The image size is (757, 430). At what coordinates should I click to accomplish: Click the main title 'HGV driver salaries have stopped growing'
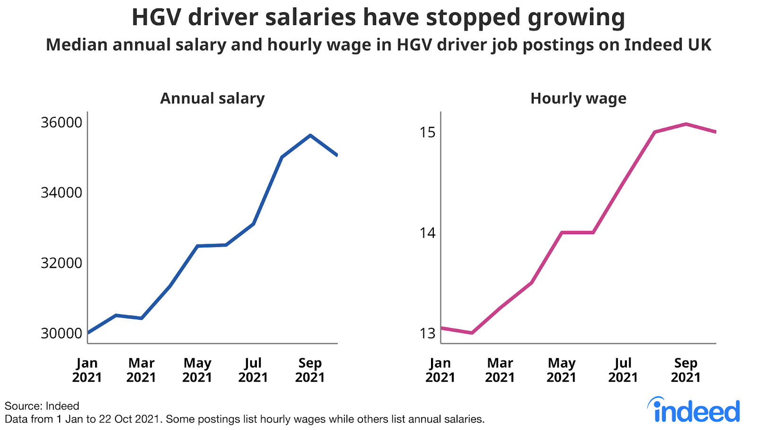378,18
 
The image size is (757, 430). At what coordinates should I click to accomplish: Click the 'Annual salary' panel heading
212,98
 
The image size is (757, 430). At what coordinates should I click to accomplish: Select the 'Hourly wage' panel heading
578,98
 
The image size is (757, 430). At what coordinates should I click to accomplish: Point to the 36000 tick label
62,123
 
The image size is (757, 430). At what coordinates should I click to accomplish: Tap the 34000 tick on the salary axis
62,193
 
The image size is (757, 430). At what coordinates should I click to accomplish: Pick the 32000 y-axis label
62,263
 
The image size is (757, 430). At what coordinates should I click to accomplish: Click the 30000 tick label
62,333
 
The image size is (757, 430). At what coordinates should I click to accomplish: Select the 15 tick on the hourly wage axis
428,132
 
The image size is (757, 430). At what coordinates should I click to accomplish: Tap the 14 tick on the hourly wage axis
428,233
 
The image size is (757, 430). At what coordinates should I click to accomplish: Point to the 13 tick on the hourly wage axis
428,333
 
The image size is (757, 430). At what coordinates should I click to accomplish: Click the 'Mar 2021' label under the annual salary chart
141,370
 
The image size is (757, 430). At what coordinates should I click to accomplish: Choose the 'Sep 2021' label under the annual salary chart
310,370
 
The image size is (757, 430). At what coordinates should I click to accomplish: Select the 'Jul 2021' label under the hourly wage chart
623,370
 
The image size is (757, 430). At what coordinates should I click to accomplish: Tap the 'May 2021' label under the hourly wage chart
562,370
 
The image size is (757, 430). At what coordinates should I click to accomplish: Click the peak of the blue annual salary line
310,135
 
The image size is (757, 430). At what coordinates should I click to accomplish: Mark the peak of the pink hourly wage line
686,124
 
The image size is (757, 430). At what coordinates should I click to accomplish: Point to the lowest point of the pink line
472,333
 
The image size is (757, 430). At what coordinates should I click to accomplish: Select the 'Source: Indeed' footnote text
42,406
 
